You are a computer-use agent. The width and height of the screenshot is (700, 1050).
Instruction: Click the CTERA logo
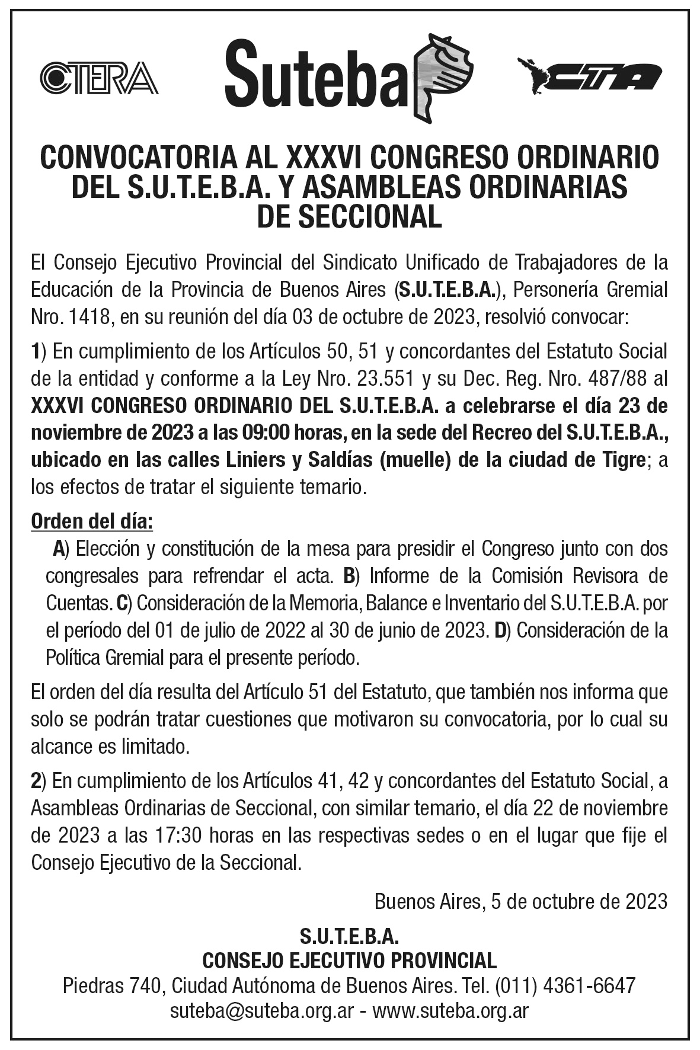(x=99, y=78)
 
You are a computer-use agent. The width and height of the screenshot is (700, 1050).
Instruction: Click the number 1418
(x=89, y=318)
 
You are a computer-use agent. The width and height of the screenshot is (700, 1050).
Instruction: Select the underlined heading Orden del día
(x=92, y=522)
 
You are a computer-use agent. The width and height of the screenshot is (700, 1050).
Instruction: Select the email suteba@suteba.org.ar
(x=263, y=1010)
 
